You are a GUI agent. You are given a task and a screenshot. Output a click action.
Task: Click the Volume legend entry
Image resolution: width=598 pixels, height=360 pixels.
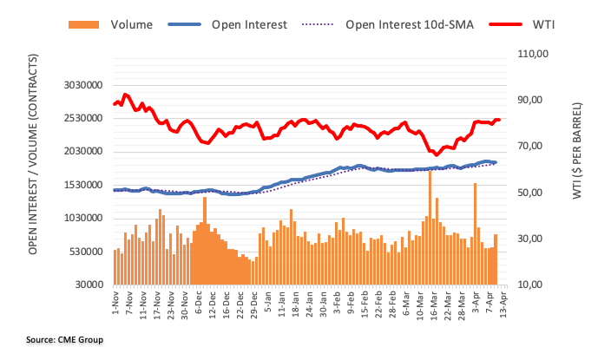pyautogui.click(x=129, y=25)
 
